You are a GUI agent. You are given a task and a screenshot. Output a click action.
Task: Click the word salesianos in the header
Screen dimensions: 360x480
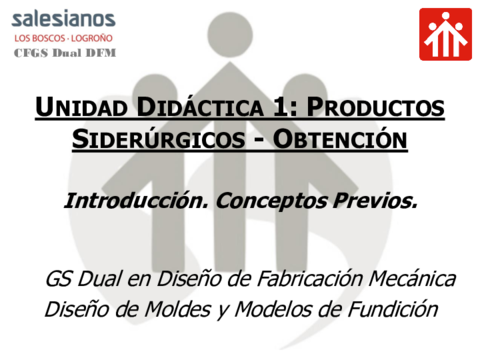(x=63, y=20)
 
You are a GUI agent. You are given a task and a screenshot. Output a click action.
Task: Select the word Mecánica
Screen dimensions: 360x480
(x=411, y=277)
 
